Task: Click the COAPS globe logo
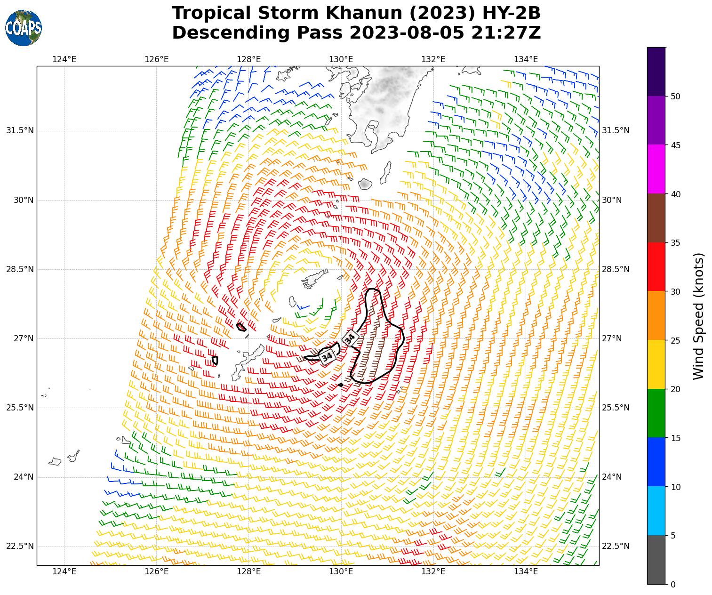click(x=24, y=28)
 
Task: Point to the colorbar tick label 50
click(x=676, y=96)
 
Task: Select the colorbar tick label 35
click(x=676, y=243)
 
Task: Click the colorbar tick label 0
click(x=673, y=584)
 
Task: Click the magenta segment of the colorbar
click(x=656, y=169)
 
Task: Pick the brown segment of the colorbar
click(x=656, y=218)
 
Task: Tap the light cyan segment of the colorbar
click(x=656, y=511)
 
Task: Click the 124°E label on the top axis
click(x=64, y=59)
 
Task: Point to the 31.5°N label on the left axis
click(x=20, y=130)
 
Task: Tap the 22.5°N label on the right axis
click(x=616, y=546)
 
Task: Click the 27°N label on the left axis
click(x=23, y=338)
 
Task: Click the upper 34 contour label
click(x=350, y=338)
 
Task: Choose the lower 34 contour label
click(x=328, y=357)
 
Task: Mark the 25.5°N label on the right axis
click(x=616, y=408)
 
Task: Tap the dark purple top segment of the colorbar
click(x=656, y=72)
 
